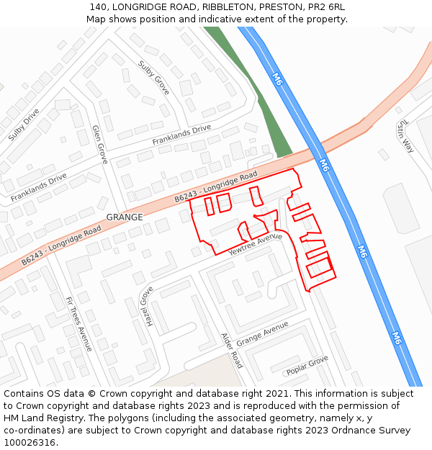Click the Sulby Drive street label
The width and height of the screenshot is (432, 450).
pos(24,124)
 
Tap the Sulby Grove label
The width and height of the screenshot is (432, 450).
pos(153,78)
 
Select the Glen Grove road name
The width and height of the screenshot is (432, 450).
pos(99,144)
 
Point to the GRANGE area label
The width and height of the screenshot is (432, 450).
pos(125,217)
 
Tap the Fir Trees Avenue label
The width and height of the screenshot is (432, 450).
pos(78,323)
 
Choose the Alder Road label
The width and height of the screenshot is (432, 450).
pos(232,351)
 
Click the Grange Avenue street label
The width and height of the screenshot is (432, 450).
pos(262,333)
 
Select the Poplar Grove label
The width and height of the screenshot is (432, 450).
pos(307,365)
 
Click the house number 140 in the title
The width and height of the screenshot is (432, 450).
pos(99,6)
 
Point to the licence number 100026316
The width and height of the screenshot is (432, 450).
pos(29,443)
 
